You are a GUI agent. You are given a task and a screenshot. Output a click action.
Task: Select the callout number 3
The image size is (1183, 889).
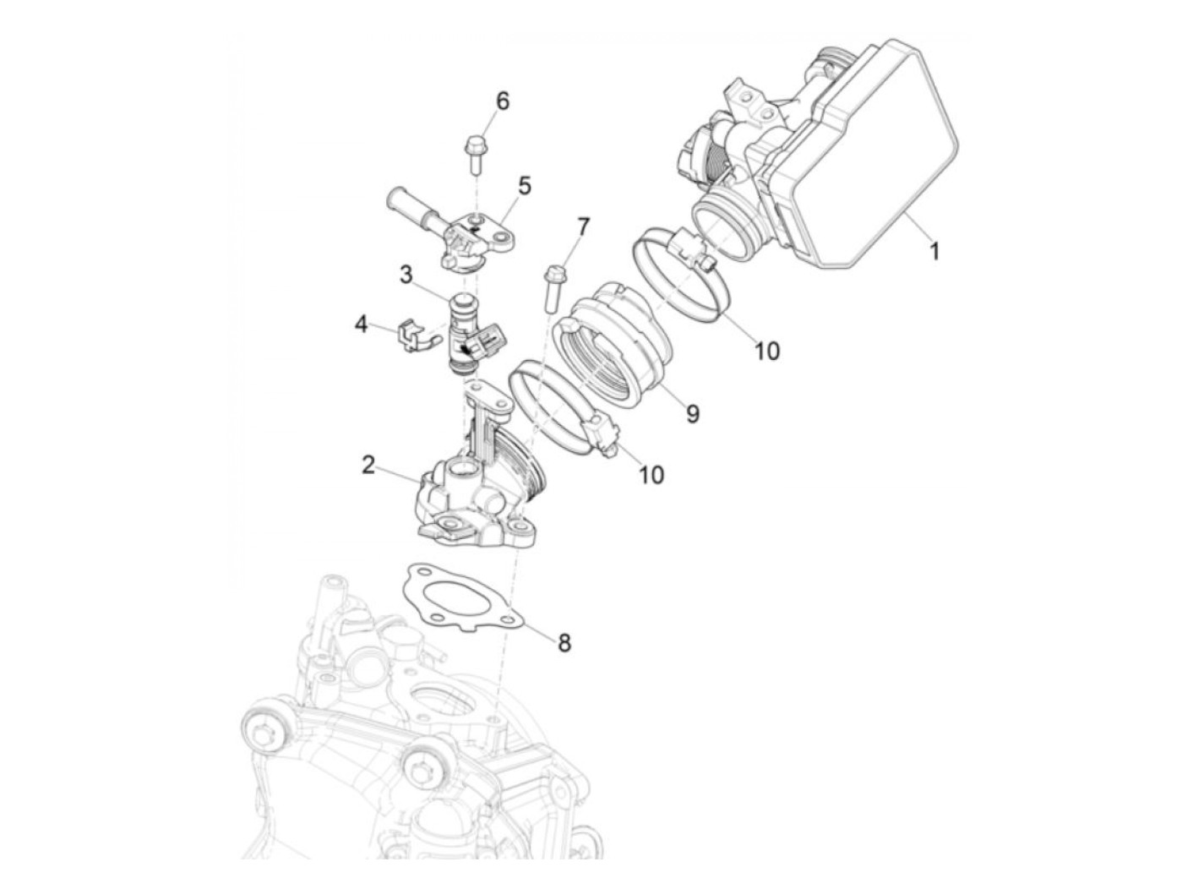pyautogui.click(x=406, y=275)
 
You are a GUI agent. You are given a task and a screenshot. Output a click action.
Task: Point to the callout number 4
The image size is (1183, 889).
pyautogui.click(x=361, y=325)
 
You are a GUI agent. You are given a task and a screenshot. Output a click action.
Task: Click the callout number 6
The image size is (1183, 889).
pyautogui.click(x=502, y=101)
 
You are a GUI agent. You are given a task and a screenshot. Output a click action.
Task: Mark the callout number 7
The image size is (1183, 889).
pyautogui.click(x=583, y=228)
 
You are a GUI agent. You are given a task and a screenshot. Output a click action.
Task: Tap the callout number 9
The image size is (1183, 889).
pyautogui.click(x=693, y=414)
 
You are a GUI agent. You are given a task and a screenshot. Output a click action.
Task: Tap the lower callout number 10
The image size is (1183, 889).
pyautogui.click(x=651, y=475)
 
